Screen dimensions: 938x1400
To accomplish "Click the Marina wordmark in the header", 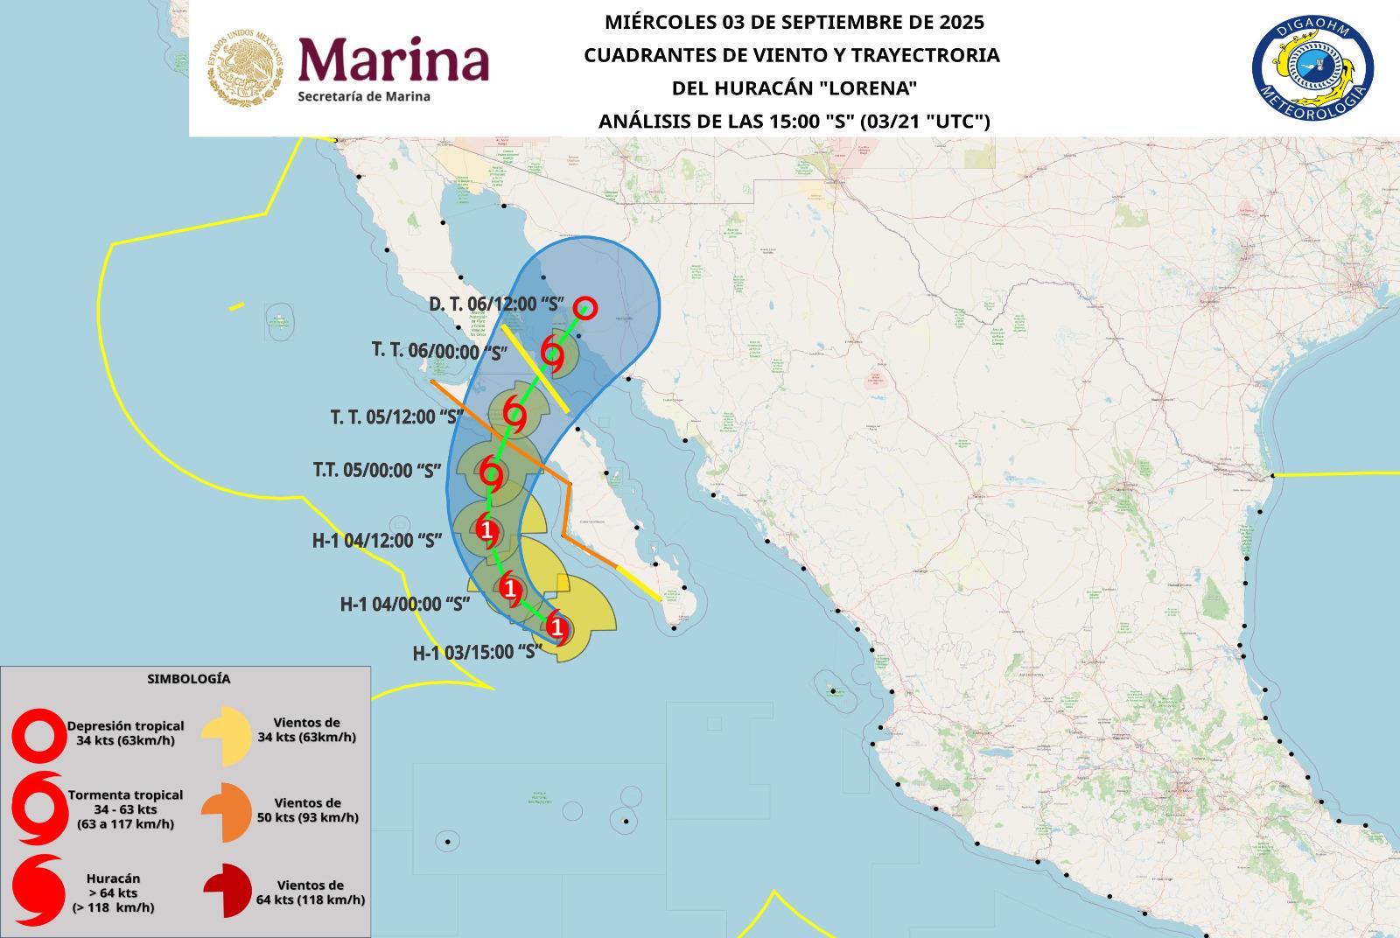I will [x=394, y=59].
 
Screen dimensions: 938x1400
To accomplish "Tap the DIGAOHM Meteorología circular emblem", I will [x=1312, y=69].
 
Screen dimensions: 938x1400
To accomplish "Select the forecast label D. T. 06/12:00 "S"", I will [x=495, y=304].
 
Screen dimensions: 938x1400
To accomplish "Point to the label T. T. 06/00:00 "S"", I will [x=440, y=351].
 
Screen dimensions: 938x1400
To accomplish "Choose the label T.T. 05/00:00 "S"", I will [x=376, y=470].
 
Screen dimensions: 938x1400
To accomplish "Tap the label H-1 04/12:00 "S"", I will [x=376, y=540].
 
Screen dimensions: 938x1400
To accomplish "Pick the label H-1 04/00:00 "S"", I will [x=405, y=603].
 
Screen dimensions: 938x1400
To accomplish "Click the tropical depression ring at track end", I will [x=585, y=308].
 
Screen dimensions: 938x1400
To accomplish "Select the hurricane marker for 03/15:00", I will [x=556, y=627].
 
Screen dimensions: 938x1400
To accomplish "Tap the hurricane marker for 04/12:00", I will [x=486, y=529].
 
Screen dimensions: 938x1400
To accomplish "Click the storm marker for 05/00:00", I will [x=492, y=476].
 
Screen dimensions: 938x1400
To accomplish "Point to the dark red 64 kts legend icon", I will [x=228, y=891].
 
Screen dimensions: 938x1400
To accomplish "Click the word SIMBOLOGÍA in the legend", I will [x=188, y=678].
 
